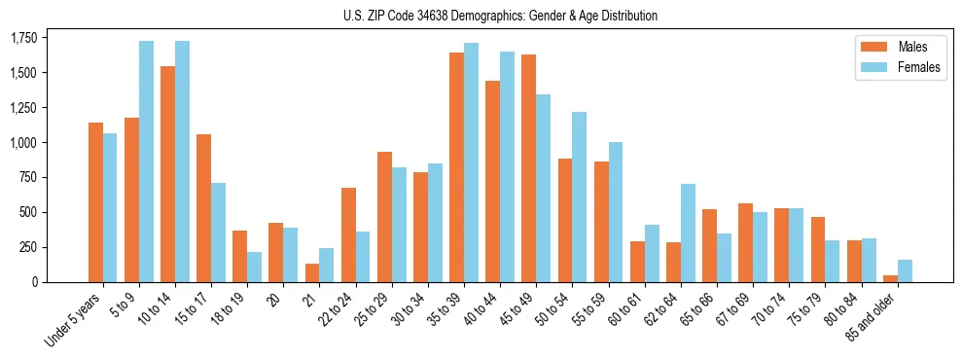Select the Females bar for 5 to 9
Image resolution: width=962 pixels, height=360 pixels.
(146, 162)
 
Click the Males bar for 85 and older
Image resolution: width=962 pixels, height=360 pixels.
(890, 278)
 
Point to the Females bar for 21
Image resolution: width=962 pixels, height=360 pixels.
(326, 265)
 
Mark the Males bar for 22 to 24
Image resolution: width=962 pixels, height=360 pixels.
(348, 234)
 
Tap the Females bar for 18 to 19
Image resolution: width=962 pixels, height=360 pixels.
(254, 267)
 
